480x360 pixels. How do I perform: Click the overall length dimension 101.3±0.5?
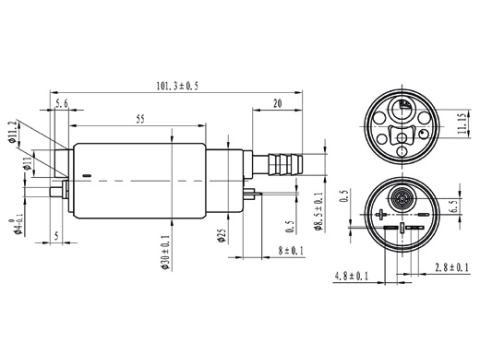177,85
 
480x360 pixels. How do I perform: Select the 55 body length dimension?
140,119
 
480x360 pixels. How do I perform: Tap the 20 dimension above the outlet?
277,103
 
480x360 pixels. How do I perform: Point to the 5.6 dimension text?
61,104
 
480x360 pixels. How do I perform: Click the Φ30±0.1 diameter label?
165,252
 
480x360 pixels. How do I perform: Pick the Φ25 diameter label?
222,235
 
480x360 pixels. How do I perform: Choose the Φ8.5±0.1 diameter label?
318,211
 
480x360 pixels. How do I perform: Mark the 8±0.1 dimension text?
291,250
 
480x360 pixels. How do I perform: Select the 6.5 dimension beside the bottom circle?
454,206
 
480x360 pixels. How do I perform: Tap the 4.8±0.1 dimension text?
351,276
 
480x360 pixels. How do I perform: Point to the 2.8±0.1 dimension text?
451,268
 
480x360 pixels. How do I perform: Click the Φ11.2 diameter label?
12,131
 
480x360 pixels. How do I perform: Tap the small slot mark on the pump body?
87,175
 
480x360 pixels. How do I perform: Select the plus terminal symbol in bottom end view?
380,214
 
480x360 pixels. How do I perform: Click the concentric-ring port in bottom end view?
401,197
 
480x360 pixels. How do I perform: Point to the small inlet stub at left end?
56,192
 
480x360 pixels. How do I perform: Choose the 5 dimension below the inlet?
56,236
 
